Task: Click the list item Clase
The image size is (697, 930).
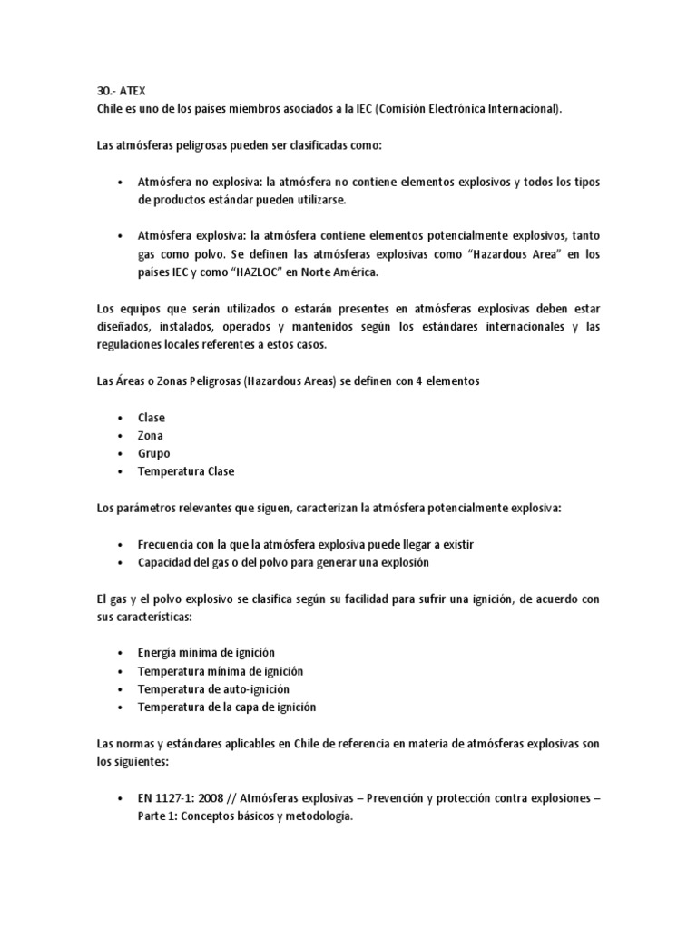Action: (152, 418)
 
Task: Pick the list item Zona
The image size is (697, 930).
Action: (151, 436)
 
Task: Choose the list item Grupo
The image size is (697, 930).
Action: (153, 453)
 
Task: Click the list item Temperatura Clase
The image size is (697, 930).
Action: (186, 471)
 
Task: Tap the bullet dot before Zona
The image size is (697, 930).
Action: (121, 436)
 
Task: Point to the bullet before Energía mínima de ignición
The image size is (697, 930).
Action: (121, 653)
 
